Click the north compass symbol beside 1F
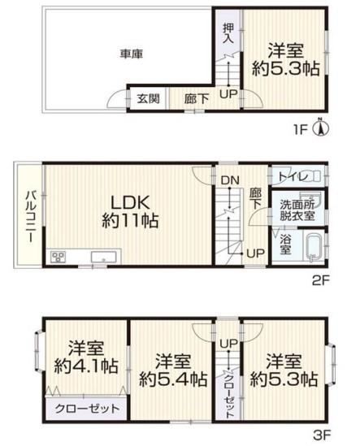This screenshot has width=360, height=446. [321, 128]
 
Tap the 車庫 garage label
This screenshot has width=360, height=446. [131, 54]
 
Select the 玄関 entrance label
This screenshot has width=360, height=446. [148, 99]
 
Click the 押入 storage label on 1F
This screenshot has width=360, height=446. [228, 33]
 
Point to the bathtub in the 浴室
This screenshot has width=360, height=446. [314, 247]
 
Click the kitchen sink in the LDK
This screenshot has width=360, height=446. [103, 258]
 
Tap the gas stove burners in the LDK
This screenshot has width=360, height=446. [58, 258]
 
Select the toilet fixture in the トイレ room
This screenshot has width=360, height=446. [314, 176]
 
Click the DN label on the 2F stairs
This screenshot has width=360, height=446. [230, 180]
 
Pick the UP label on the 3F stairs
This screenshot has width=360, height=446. [228, 344]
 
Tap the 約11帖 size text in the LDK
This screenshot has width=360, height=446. [130, 220]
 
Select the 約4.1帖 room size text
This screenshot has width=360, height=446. [86, 366]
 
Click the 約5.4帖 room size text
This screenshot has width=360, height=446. [173, 379]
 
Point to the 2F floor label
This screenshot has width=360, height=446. [321, 281]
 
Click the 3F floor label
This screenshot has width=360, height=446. [322, 435]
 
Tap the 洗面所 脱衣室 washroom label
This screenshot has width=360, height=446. [297, 210]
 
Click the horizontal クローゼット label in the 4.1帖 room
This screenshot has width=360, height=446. [87, 409]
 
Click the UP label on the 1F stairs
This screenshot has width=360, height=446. [228, 94]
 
